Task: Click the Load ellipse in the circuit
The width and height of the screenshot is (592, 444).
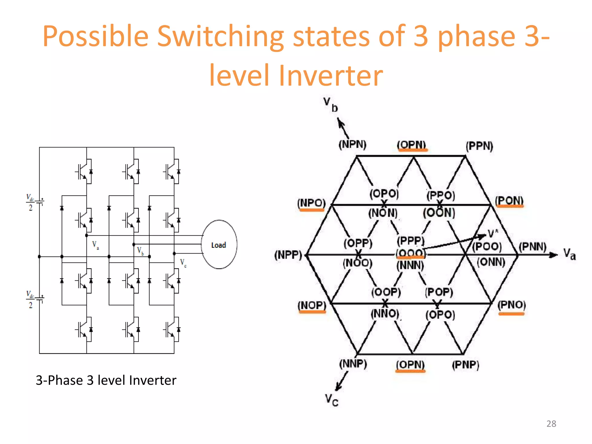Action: point(219,245)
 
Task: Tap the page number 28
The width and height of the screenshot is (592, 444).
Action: point(551,423)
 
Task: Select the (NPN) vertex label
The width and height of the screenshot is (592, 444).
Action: point(352,144)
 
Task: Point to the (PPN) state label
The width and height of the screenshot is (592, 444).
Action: point(479,146)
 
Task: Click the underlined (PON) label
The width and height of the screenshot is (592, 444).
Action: point(509,201)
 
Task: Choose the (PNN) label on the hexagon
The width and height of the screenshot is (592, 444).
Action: point(532,247)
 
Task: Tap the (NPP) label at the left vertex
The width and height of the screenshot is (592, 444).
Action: point(288,255)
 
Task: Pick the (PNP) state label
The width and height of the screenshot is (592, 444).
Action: point(465,365)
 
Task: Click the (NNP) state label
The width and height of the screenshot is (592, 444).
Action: point(353,364)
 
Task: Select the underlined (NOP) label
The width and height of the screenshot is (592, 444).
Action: point(312,305)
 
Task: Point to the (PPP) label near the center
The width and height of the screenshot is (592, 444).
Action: point(410,240)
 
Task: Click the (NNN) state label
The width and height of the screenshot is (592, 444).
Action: point(410,265)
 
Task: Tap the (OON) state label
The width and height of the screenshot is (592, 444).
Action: point(439,213)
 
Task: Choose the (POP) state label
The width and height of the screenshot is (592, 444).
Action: point(439,292)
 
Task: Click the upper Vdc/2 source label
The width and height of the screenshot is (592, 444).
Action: point(30,202)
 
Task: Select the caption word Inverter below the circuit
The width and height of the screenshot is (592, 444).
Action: point(153,380)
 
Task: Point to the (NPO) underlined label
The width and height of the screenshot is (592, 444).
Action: point(311,203)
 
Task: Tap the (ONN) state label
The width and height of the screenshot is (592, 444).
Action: point(491,262)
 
